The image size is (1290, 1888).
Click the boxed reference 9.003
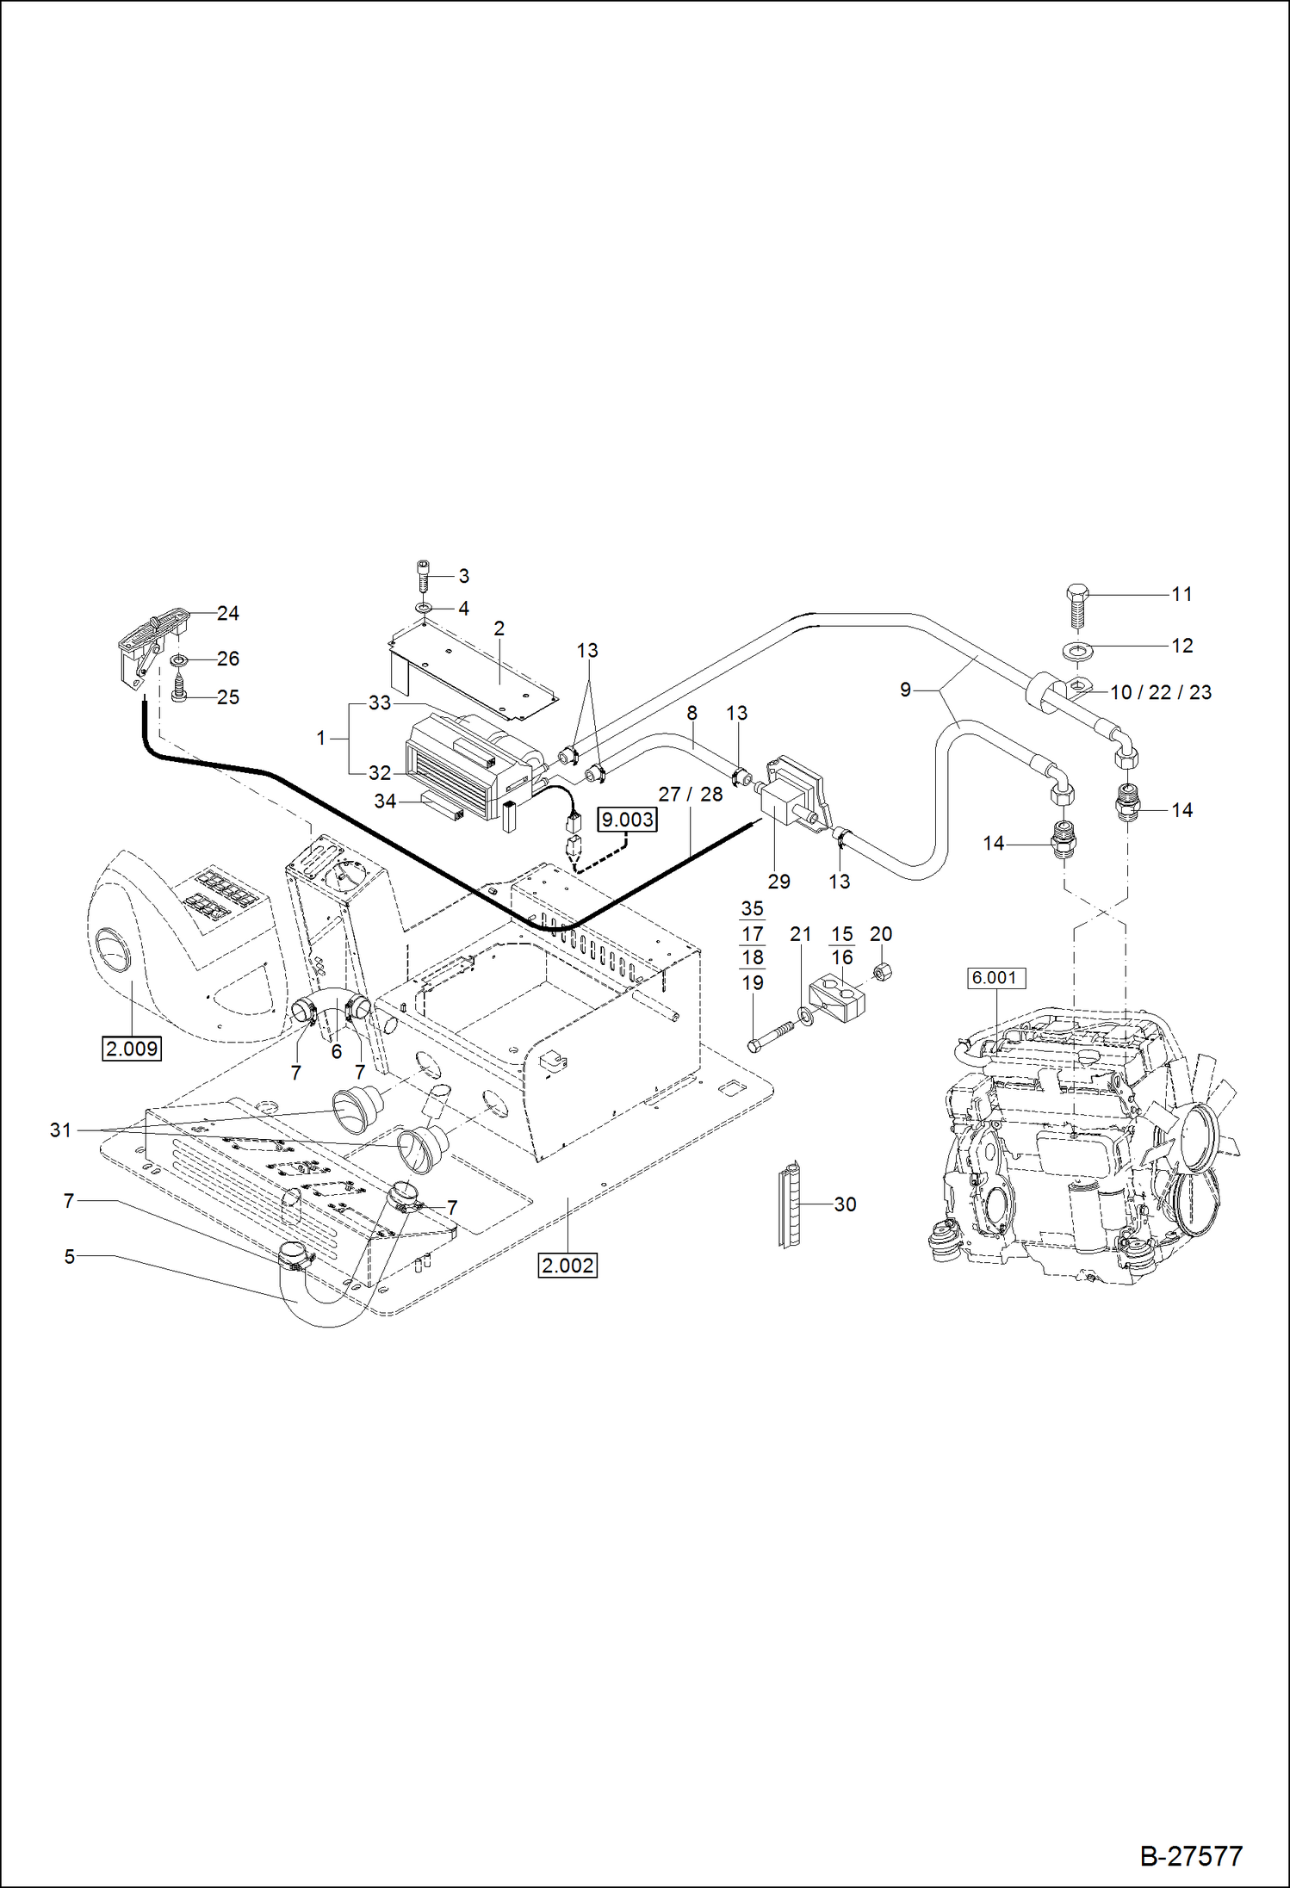point(627,819)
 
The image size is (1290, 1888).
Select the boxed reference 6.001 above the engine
point(994,977)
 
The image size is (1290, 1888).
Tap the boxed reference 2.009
point(132,1049)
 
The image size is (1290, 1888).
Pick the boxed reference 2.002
point(567,1266)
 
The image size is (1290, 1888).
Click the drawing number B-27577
point(1191,1855)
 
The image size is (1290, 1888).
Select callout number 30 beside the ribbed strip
point(845,1204)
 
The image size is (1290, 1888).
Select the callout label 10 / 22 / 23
point(1160,692)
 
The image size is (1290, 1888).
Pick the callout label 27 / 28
point(690,794)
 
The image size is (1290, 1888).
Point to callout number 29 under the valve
point(778,881)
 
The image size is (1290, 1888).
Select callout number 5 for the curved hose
point(70,1256)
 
